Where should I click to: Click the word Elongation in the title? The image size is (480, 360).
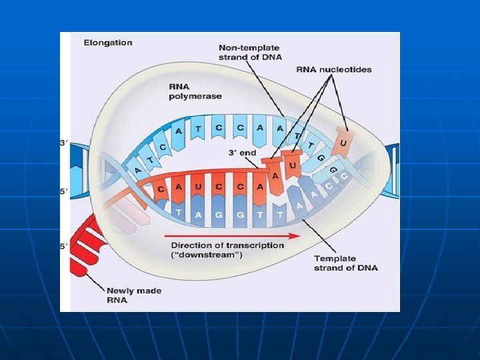pyautogui.click(x=108, y=43)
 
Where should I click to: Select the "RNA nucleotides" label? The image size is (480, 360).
pyautogui.click(x=334, y=69)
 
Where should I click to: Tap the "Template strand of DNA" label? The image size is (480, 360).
pyautogui.click(x=345, y=263)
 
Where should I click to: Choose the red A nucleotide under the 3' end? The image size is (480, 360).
pyautogui.click(x=275, y=175)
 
